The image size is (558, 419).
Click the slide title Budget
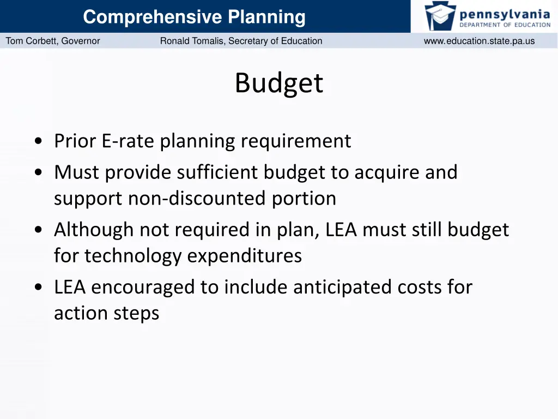279,84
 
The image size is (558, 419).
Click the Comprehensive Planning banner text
194,17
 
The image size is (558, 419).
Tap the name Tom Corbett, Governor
53,41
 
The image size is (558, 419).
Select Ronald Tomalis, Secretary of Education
241,41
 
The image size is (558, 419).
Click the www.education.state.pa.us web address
479,41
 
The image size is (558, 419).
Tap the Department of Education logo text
505,25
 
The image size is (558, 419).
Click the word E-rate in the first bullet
129,141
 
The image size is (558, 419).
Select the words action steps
106,313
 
